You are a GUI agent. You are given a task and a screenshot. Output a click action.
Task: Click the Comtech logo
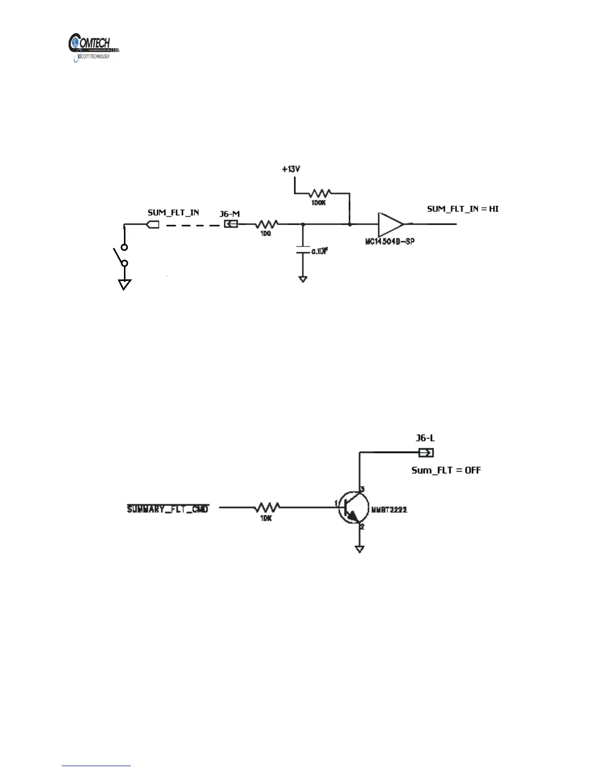coord(93,47)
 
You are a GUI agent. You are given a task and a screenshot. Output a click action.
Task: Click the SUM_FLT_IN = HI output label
coord(463,209)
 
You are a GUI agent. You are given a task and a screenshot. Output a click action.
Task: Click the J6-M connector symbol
coord(230,224)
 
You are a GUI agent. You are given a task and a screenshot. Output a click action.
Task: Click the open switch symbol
coord(120,256)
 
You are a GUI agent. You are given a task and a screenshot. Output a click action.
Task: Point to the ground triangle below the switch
coord(124,285)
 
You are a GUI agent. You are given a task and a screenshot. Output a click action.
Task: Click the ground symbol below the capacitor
coord(303,279)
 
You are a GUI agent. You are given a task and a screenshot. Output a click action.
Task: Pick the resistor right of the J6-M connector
coord(266,224)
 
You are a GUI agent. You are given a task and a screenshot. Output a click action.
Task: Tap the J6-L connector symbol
coord(426,453)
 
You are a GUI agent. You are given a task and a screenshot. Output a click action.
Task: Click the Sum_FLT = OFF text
coord(446,470)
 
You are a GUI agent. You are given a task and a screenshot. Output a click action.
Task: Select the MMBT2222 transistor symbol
coord(352,507)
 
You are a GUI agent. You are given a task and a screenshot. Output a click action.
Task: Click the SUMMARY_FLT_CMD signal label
coord(168,509)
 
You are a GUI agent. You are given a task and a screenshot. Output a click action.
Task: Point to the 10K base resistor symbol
coord(266,507)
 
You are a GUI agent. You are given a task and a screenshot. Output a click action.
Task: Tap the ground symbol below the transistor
coord(359,549)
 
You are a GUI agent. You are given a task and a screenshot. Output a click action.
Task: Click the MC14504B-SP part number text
coord(390,242)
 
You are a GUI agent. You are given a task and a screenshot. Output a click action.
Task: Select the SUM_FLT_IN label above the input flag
coord(173,212)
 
